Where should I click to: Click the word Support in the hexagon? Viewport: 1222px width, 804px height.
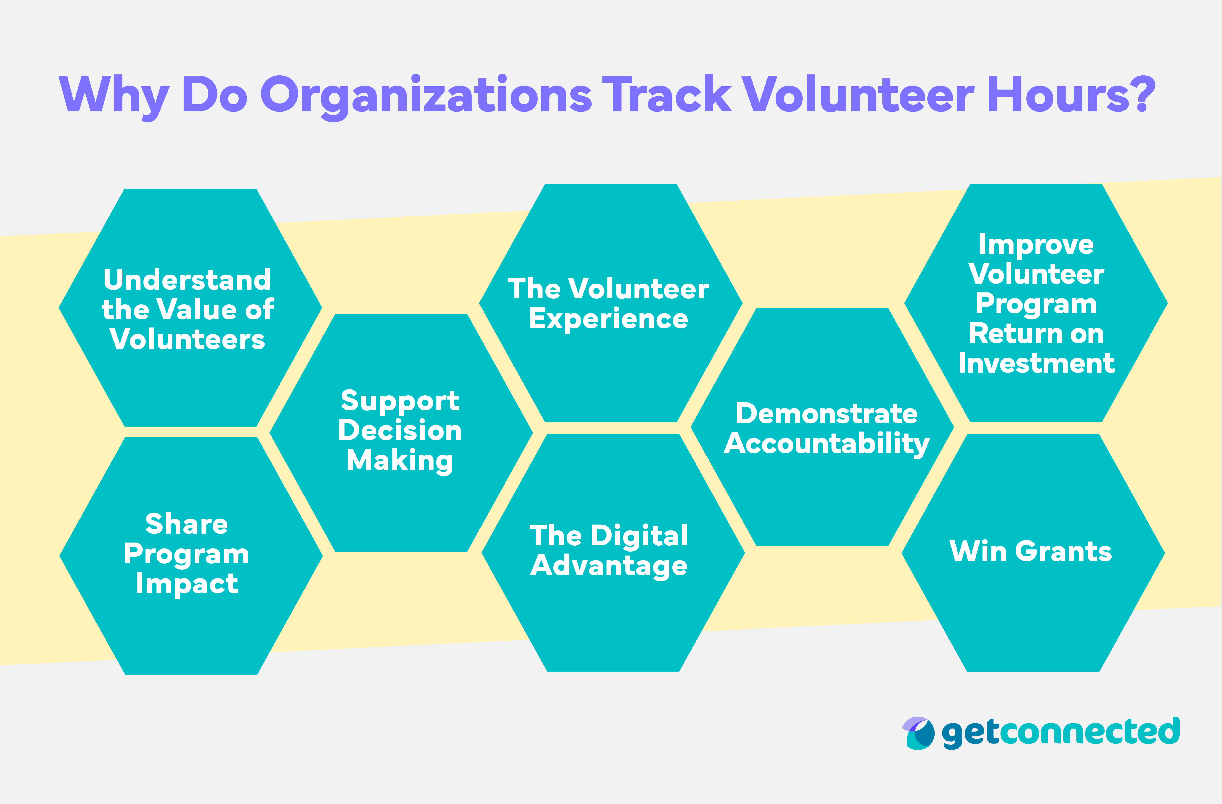coord(400,401)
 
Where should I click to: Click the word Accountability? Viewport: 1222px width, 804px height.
coord(827,444)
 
